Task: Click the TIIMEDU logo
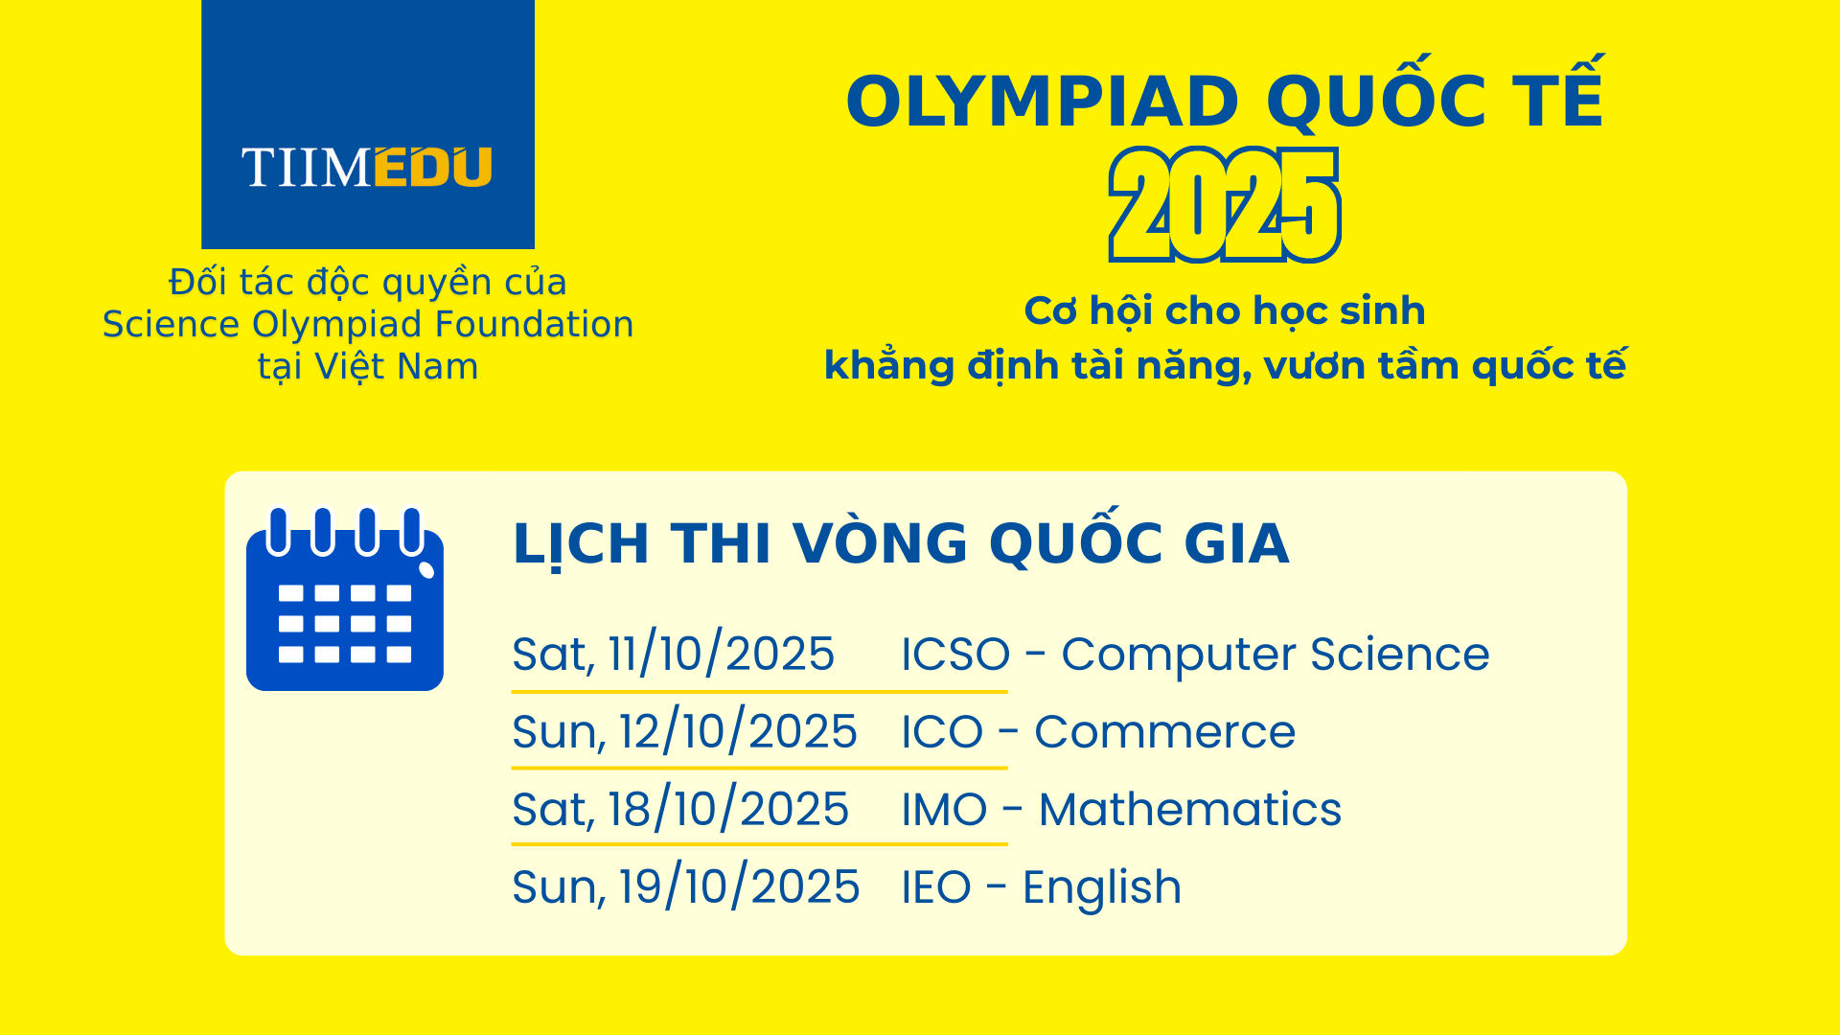tap(368, 125)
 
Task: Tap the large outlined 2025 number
tap(1225, 205)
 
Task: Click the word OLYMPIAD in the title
tap(1043, 102)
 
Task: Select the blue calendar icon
tap(345, 598)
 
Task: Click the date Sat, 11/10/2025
tap(674, 655)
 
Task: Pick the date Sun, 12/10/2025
tap(684, 732)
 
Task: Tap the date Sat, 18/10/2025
tap(680, 810)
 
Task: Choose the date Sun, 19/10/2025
tap(685, 887)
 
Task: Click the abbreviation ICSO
tap(955, 655)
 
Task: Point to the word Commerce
tap(1164, 732)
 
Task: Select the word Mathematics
tap(1189, 810)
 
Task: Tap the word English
tap(1101, 888)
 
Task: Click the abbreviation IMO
tap(944, 810)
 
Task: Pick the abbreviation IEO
tap(936, 887)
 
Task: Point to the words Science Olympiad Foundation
tap(368, 325)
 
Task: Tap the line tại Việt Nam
tap(368, 367)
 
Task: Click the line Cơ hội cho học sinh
tap(1225, 311)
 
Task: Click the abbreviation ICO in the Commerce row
tap(942, 732)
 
